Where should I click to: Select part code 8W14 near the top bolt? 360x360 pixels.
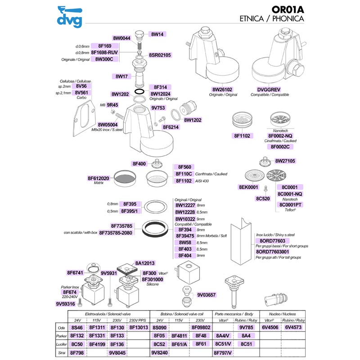pyautogui.click(x=159, y=34)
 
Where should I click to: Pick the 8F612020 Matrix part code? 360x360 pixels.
pyautogui.click(x=99, y=178)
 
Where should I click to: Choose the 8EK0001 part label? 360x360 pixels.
pyautogui.click(x=248, y=187)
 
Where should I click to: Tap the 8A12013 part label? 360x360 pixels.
pyautogui.click(x=145, y=263)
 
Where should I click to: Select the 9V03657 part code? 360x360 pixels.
pyautogui.click(x=207, y=295)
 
